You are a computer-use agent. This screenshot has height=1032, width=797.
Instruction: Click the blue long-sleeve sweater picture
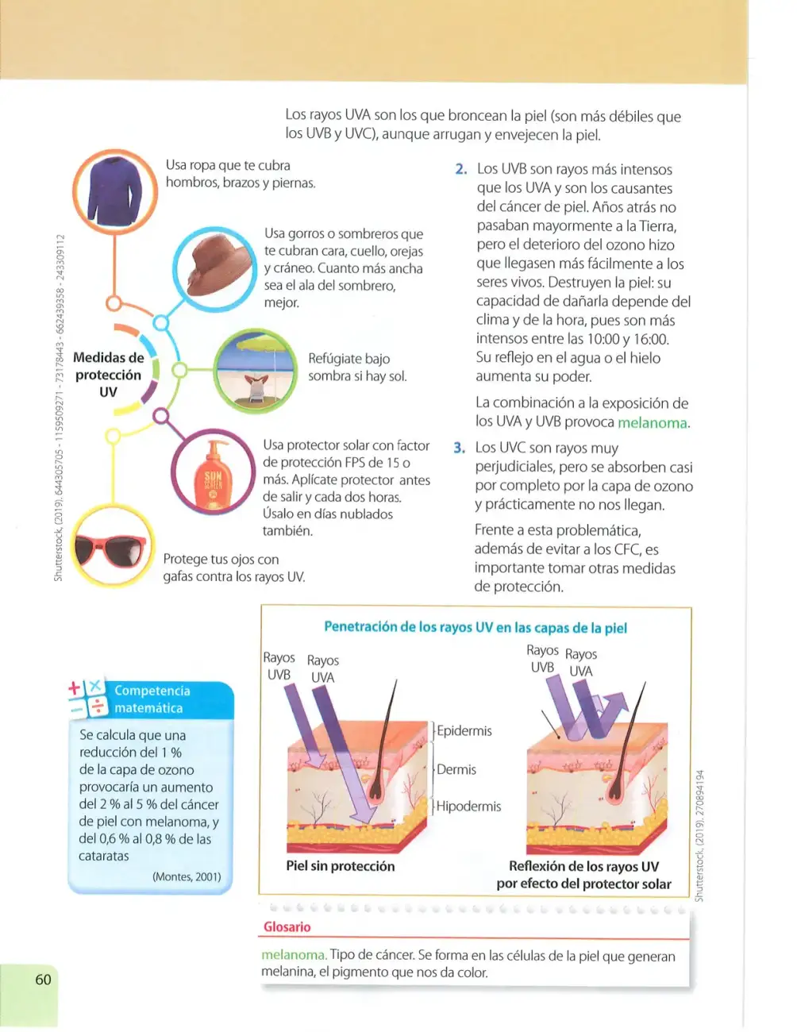point(115,191)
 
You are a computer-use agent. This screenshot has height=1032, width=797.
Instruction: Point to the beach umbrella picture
point(255,371)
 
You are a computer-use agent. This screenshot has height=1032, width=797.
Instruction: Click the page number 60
point(43,980)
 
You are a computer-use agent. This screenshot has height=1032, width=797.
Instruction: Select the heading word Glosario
point(287,926)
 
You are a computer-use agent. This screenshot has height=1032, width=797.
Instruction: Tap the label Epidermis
point(464,730)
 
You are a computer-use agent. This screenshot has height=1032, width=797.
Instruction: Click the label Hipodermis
point(468,806)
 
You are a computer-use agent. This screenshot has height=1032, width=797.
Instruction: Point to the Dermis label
point(456,769)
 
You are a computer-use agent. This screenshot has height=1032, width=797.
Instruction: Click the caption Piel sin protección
point(340,866)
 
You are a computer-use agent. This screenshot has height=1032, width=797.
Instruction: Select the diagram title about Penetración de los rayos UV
point(476,627)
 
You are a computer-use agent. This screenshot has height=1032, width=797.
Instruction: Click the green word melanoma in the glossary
point(295,954)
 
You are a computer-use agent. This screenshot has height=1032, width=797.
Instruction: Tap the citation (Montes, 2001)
point(187,876)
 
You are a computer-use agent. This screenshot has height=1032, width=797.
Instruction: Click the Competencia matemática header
point(151,699)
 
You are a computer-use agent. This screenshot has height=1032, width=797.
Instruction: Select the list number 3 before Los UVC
point(459,448)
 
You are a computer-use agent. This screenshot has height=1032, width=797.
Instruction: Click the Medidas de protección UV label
point(108,374)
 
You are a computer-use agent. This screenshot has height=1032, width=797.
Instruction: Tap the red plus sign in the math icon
point(75,687)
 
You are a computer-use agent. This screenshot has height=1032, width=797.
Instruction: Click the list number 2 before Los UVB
point(461,169)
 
